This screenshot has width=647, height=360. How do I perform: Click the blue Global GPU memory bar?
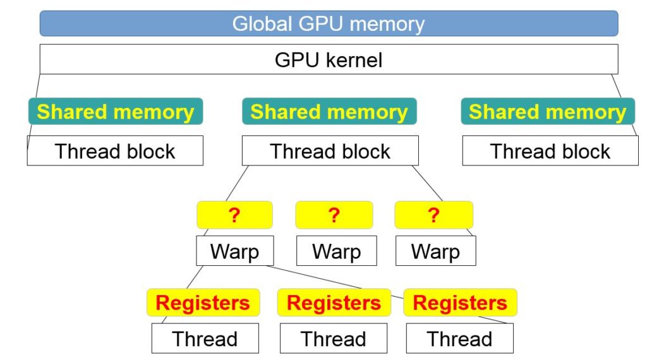pos(329,23)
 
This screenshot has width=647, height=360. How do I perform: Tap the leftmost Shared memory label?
pos(115,112)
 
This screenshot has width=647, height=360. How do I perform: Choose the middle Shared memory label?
pos(329,112)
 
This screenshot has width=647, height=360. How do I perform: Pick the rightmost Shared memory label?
pos(547,112)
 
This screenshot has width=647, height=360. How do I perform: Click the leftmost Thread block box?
pos(115,151)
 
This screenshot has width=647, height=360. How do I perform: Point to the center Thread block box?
pos(330,151)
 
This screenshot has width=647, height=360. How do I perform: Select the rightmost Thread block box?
pos(550,151)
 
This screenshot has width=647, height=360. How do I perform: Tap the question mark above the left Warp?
pos(234,215)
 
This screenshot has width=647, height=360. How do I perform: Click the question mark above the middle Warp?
pos(334,215)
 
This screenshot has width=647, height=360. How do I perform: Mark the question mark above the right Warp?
pos(433,215)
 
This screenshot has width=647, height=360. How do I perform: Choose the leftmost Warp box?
pos(234,251)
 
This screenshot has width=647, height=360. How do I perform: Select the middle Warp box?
pos(336,251)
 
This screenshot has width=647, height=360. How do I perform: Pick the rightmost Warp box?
pos(435,251)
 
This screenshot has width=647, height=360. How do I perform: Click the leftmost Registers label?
pos(203,303)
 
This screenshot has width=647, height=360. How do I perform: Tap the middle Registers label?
pos(334,303)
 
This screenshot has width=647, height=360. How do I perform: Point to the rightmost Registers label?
pos(460,303)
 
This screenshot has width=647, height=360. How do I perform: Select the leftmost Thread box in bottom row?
pos(205,339)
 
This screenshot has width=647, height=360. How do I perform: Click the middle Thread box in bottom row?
pos(333,339)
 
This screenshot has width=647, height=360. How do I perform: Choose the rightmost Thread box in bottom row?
pos(459,339)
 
